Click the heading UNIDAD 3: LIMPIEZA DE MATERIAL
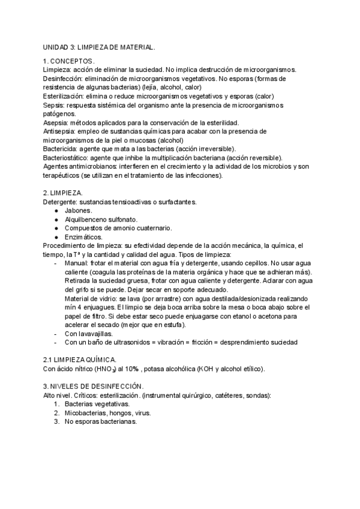click(99, 47)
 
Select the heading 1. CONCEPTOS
click(68, 61)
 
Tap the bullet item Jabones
click(78, 211)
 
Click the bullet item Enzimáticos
click(83, 237)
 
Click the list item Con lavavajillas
click(88, 334)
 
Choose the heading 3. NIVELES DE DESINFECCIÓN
click(93, 387)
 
